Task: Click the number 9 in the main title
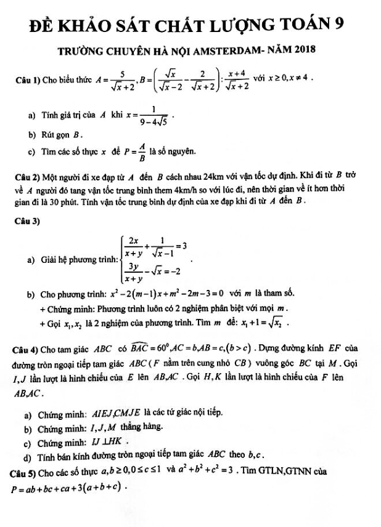[337, 25]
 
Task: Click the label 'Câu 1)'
[30, 81]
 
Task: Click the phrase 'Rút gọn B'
[62, 133]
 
